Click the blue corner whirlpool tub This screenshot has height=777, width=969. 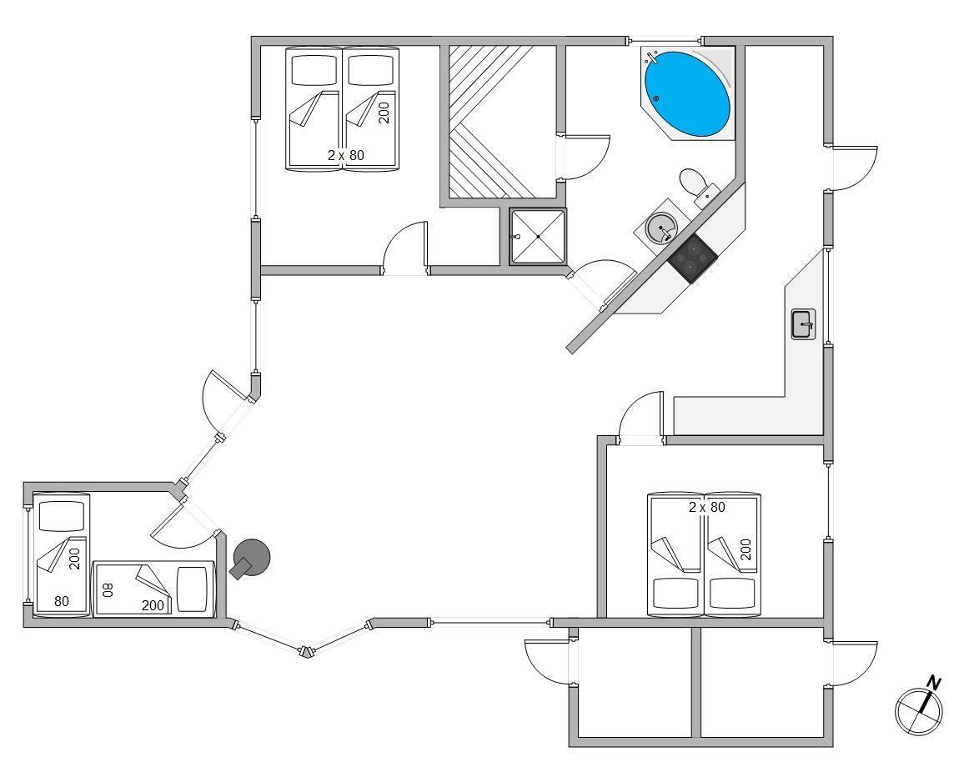coord(687,93)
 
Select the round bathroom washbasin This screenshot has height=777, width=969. coord(661,227)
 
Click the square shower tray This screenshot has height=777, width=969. coord(538,237)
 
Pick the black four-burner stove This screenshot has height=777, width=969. coord(692,258)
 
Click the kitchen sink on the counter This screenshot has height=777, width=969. coord(803,323)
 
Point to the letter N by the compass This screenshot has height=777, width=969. coord(934,684)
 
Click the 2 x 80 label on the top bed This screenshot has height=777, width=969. coord(345,155)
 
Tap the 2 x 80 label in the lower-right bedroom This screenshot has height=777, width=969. coord(706,507)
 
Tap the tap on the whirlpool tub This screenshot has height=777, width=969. coord(653,58)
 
